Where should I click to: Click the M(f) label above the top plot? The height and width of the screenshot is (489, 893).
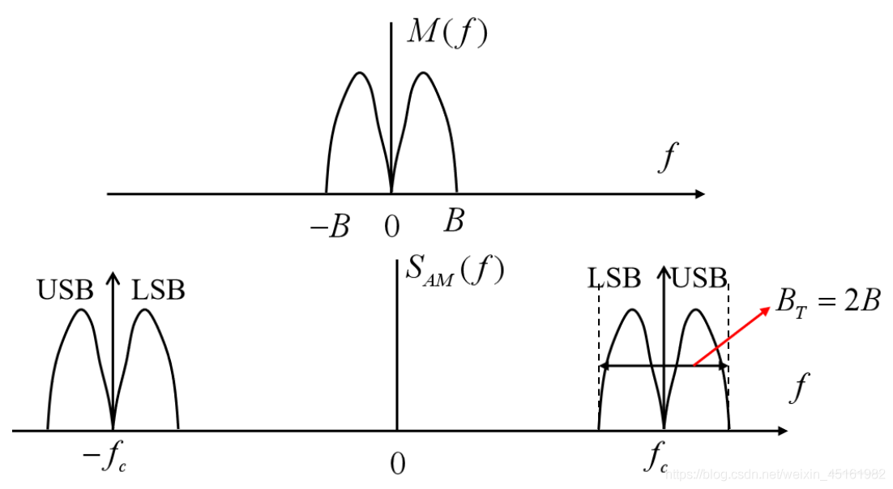coord(447,32)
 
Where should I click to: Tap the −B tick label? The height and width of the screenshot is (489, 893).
coord(330,227)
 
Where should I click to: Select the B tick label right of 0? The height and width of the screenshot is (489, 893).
coord(454,219)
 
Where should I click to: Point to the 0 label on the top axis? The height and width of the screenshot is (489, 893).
coord(392,227)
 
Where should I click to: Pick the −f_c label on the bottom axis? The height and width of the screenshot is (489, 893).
coord(105,457)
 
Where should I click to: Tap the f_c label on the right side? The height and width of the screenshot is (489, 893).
coord(656,457)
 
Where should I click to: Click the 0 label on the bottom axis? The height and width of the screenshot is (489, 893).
coord(398,464)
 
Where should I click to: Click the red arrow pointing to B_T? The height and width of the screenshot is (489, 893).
coord(732,336)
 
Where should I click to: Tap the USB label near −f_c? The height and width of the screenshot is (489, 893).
coord(65,290)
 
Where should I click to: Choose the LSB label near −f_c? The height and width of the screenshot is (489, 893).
coord(158,290)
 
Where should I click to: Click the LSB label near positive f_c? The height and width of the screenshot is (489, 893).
coord(614,278)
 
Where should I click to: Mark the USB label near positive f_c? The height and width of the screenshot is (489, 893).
coord(699,278)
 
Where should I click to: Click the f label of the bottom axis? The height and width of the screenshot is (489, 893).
coord(800,388)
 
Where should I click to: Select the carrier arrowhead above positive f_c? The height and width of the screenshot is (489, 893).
coord(664,271)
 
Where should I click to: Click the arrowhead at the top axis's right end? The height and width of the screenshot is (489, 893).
coord(700,194)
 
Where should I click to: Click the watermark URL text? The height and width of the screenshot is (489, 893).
coord(775,474)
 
